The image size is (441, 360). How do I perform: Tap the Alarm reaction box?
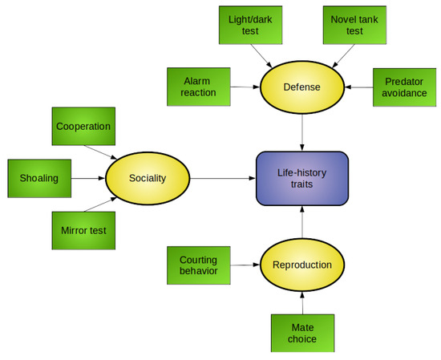point(198,86)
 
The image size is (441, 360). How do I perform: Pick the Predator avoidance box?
point(405,86)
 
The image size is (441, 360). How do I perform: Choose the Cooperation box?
point(83,127)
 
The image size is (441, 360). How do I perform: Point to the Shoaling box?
point(39,178)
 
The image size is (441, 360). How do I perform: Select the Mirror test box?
point(83,231)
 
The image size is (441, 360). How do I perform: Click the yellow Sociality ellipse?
point(148,178)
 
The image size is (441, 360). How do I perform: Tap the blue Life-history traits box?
point(302,178)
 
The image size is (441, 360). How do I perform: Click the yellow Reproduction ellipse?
point(302,265)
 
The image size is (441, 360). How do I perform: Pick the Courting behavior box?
point(198,265)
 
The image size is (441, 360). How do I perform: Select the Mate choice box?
point(302,333)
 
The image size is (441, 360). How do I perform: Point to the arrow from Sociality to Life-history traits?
point(221,178)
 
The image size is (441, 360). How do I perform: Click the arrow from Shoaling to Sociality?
point(88,178)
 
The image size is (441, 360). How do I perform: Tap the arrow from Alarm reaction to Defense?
point(246,86)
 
